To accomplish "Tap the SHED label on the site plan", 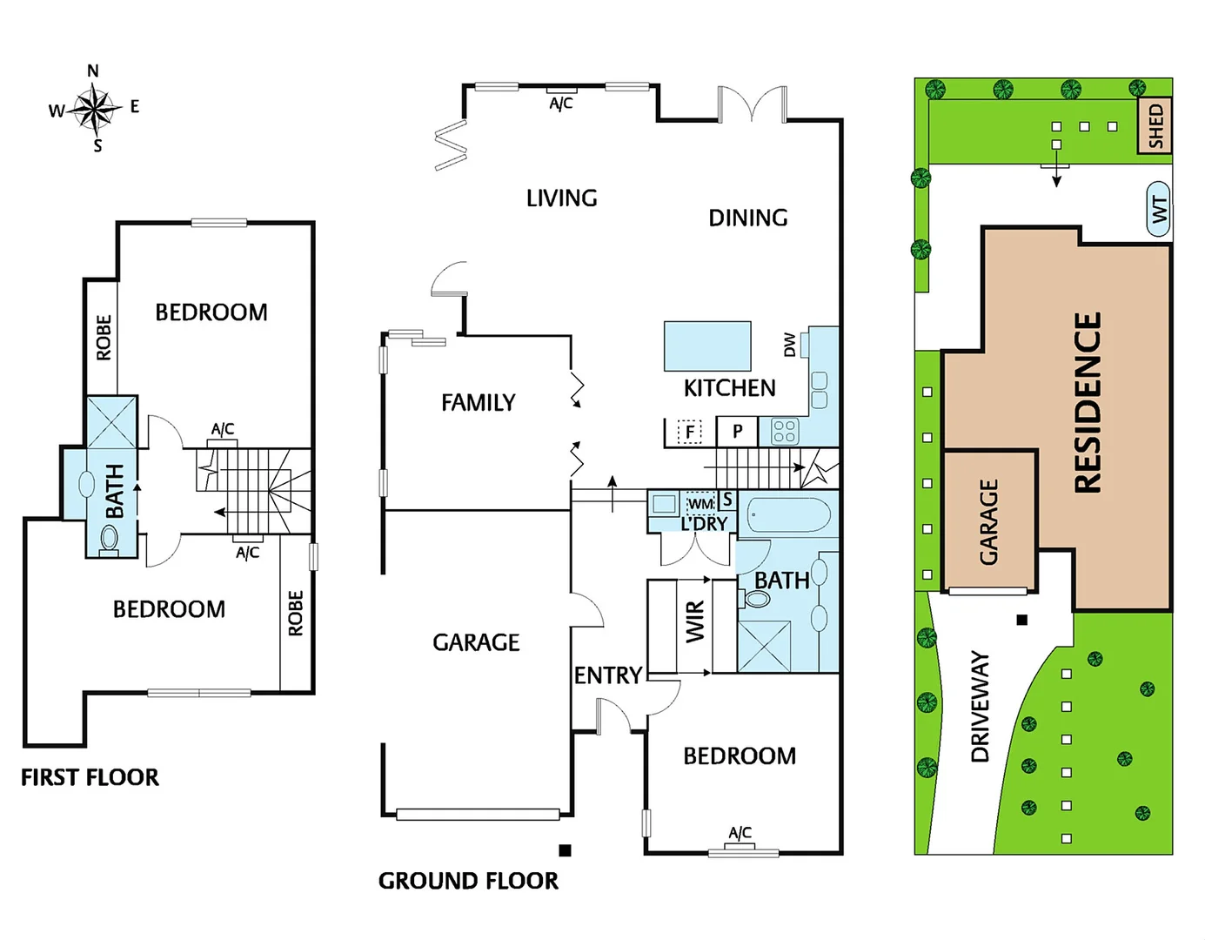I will [x=1155, y=126].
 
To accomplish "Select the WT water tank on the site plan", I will [x=1159, y=209].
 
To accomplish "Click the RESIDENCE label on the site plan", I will [x=1088, y=402].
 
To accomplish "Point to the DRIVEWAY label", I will [x=981, y=707].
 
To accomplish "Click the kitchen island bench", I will [x=706, y=346].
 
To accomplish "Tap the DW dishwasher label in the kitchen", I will [x=789, y=345].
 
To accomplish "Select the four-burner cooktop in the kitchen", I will [x=784, y=431].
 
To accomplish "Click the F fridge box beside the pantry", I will [x=690, y=431].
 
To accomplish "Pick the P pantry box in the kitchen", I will [x=737, y=431].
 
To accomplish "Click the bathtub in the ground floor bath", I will [x=788, y=514].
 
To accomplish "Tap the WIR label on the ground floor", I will [x=695, y=622].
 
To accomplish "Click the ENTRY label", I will [x=607, y=675].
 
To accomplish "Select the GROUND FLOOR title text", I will [x=468, y=881].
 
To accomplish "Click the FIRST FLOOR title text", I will [x=90, y=777].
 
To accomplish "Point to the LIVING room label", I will [x=561, y=198].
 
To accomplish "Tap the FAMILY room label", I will [x=478, y=402].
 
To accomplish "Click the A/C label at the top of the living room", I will [x=561, y=104].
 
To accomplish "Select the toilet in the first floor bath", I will [x=109, y=546].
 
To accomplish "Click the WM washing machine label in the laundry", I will [x=700, y=504].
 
